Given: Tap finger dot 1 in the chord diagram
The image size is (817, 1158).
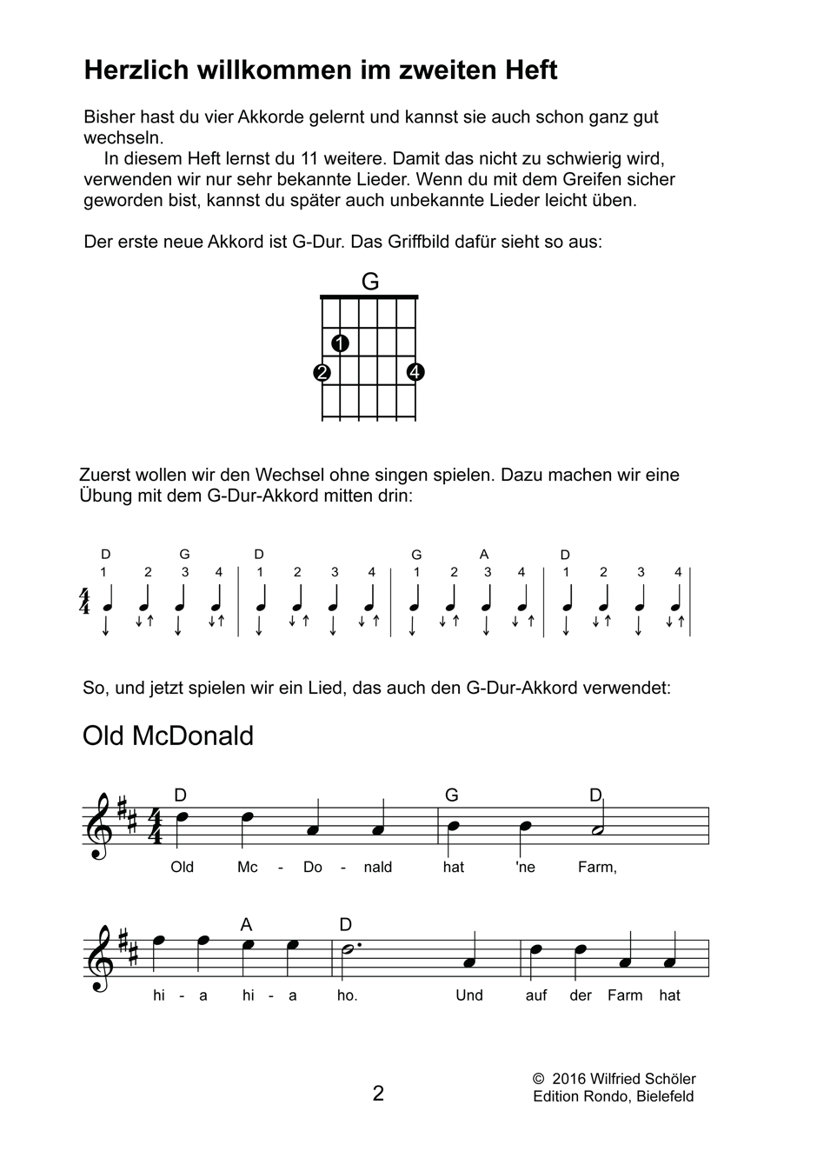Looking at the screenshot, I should click(341, 343).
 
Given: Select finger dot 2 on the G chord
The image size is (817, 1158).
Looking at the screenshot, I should click(322, 373).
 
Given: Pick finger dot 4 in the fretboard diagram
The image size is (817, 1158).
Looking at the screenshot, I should click(415, 373).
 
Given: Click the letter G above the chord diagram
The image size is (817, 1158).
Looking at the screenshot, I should click(369, 282).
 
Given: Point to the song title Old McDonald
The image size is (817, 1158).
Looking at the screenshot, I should click(168, 736).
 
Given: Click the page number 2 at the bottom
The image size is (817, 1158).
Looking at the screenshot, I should click(378, 1093).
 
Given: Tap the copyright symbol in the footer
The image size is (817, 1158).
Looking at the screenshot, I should click(538, 1079).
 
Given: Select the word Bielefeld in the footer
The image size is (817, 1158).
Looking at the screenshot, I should click(665, 1096).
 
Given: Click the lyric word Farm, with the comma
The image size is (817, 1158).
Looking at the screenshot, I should click(597, 867).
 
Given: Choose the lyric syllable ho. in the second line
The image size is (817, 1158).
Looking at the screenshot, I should click(347, 995).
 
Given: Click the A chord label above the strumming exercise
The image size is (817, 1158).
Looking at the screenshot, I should click(484, 555).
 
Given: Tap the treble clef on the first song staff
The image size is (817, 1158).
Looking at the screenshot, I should click(101, 826).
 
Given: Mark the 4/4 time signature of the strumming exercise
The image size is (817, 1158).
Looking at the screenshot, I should click(84, 601).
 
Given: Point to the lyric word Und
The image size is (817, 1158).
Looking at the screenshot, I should click(469, 995).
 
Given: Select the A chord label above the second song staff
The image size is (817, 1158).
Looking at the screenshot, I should click(247, 924).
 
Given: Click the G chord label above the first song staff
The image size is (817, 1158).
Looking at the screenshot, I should click(451, 795).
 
